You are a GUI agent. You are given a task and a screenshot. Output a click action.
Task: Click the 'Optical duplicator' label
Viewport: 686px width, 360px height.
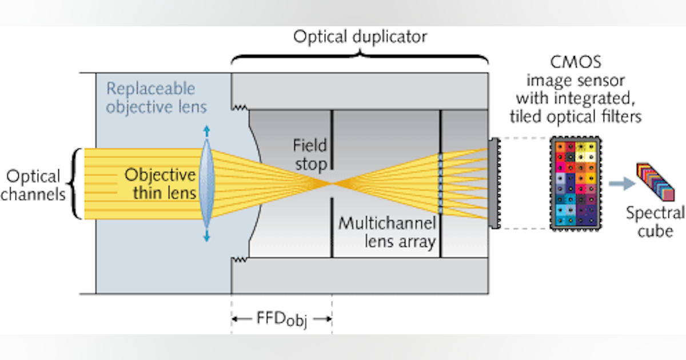coord(360,38)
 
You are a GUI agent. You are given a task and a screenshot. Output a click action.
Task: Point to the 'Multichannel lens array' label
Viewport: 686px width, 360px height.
coord(387,232)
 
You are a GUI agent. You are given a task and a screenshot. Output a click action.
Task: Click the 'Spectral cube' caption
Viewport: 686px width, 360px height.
coord(655,222)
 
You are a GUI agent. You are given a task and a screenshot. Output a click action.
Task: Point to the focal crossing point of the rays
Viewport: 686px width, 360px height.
coord(332,183)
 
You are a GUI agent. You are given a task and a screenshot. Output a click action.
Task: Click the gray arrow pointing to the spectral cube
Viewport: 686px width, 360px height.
coord(618,183)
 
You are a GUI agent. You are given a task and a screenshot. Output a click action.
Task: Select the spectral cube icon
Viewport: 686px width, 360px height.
coord(655,182)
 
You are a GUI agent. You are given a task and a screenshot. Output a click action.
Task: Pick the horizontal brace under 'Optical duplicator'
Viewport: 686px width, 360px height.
coord(360,58)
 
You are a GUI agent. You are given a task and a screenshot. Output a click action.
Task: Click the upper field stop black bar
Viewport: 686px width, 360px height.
coord(332,140)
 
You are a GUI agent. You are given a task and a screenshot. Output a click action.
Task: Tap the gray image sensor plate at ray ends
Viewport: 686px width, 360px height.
coord(492,183)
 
